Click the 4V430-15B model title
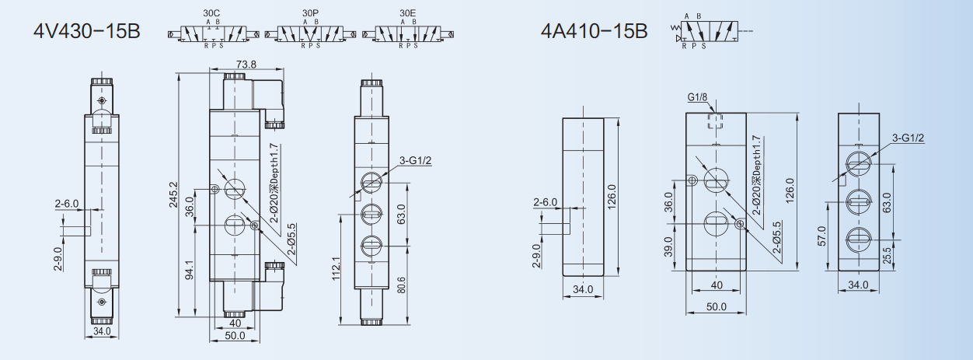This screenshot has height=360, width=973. (x=87, y=31)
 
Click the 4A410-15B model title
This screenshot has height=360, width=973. (x=594, y=31)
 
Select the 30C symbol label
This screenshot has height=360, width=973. (x=211, y=13)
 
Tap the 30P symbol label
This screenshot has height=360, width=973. (x=310, y=13)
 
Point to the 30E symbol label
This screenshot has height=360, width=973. (x=408, y=13)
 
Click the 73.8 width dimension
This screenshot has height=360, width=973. (x=246, y=65)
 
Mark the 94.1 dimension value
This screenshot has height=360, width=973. (x=190, y=271)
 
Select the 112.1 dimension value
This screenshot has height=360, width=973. (x=337, y=268)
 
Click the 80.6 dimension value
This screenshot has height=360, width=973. (x=401, y=285)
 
